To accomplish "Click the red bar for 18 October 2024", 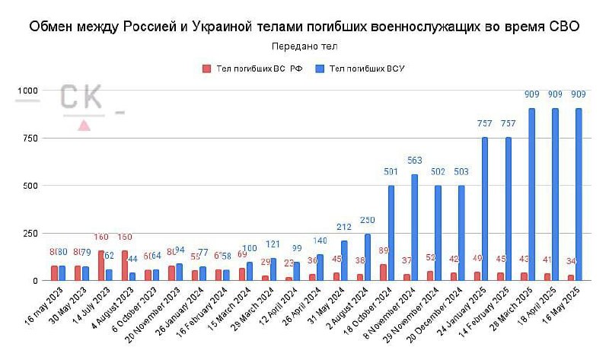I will [383, 272].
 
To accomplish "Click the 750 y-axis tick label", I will [30, 139].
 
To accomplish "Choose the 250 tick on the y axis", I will [30, 234].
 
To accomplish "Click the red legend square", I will [206, 68].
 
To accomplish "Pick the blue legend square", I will [320, 68].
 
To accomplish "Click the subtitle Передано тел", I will [304, 46].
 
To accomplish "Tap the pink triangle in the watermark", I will [84, 125].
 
